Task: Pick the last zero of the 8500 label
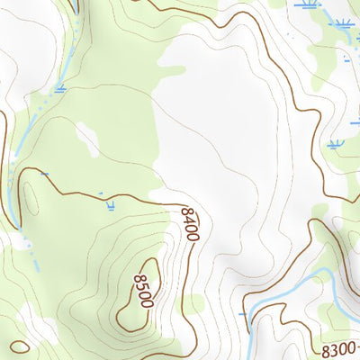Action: coord(146,302)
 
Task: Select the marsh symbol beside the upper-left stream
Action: coord(60,88)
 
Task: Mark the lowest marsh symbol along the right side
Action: coord(335,144)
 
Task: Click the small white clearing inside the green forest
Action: coord(88,139)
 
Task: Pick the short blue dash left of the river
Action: coord(243,314)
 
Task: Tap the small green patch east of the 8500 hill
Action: coord(193,303)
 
